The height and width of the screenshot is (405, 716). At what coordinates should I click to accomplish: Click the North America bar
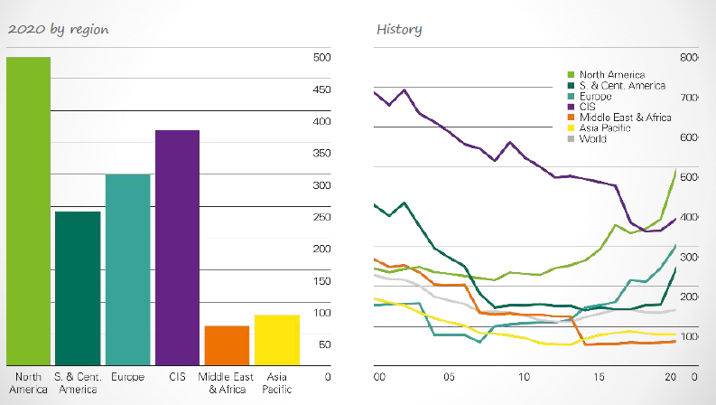[28, 212]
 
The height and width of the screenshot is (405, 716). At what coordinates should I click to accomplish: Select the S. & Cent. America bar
[78, 288]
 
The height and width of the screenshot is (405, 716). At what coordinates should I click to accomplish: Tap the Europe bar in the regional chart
[127, 269]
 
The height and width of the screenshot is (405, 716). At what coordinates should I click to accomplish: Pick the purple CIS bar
[177, 248]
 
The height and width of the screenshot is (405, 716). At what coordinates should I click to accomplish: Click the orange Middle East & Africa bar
[227, 345]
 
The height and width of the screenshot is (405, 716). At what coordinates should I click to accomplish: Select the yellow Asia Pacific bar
[276, 340]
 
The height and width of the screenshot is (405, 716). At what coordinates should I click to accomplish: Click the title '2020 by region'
[58, 29]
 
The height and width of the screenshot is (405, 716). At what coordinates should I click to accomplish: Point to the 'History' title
[399, 29]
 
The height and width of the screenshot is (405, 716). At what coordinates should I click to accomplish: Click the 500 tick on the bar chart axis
[322, 58]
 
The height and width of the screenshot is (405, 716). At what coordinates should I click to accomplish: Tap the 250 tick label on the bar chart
[322, 217]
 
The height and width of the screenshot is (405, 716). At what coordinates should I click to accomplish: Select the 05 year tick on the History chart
[449, 376]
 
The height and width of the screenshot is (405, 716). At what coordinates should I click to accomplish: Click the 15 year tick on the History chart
[599, 376]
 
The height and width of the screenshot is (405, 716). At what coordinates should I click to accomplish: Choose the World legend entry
[593, 139]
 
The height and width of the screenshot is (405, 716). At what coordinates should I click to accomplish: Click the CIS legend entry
[588, 107]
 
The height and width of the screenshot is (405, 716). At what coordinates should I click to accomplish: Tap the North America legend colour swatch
[571, 74]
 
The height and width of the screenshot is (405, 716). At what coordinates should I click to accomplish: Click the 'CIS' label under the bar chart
[177, 376]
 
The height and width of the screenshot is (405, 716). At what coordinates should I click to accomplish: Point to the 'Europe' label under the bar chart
[127, 376]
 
